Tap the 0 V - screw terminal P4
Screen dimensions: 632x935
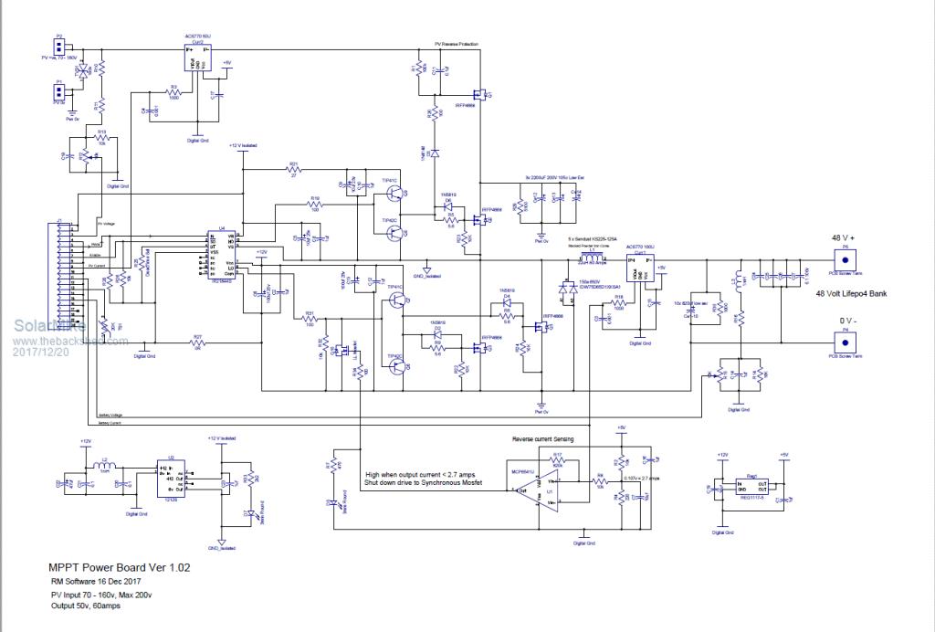845,344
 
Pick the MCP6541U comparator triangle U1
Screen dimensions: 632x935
549,493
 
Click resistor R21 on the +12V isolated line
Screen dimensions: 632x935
294,171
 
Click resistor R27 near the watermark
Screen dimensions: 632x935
197,343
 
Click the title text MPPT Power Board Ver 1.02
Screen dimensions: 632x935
121,567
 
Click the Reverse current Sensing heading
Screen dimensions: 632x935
544,439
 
